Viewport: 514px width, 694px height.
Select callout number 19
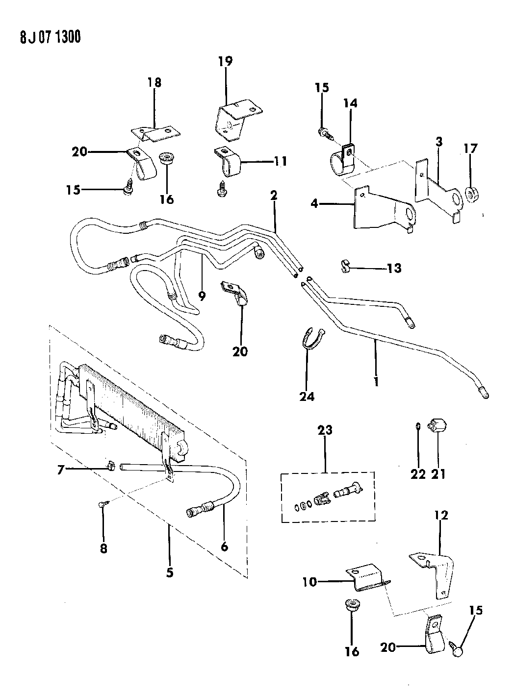coord(226,62)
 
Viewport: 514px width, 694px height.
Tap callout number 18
coord(154,82)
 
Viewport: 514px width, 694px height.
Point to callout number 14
coord(350,103)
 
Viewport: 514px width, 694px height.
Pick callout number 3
coord(439,142)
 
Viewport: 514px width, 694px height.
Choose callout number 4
coord(314,202)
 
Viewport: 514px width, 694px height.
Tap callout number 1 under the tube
coord(376,381)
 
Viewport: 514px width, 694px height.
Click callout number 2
coord(273,196)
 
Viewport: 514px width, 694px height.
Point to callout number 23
coord(325,430)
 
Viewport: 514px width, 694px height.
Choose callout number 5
coord(169,572)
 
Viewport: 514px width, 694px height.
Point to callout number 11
coord(280,161)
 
